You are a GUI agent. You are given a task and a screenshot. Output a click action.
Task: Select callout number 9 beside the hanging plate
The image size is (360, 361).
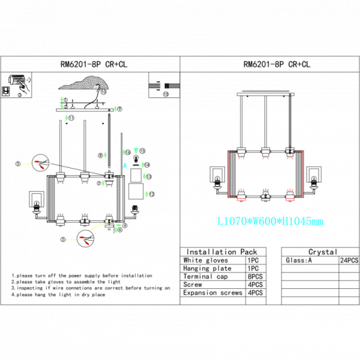(120, 109)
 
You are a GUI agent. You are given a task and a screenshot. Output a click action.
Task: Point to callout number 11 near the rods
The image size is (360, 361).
(72, 119)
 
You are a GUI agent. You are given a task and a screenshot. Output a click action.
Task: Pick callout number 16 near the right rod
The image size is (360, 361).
(127, 152)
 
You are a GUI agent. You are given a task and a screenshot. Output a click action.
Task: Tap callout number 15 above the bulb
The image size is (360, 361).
(142, 150)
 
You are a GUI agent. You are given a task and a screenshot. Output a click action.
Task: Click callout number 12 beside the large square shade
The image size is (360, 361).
(151, 194)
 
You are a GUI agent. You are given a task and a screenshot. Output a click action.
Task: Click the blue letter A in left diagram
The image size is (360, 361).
(124, 164)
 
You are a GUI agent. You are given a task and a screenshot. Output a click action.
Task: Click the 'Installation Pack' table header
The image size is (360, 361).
(222, 252)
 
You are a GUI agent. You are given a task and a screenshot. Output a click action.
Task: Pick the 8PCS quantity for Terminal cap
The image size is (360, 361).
(254, 277)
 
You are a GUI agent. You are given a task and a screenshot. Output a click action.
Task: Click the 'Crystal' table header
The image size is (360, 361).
(322, 252)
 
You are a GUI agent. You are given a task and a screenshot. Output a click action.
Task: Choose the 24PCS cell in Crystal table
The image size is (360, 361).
(349, 261)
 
